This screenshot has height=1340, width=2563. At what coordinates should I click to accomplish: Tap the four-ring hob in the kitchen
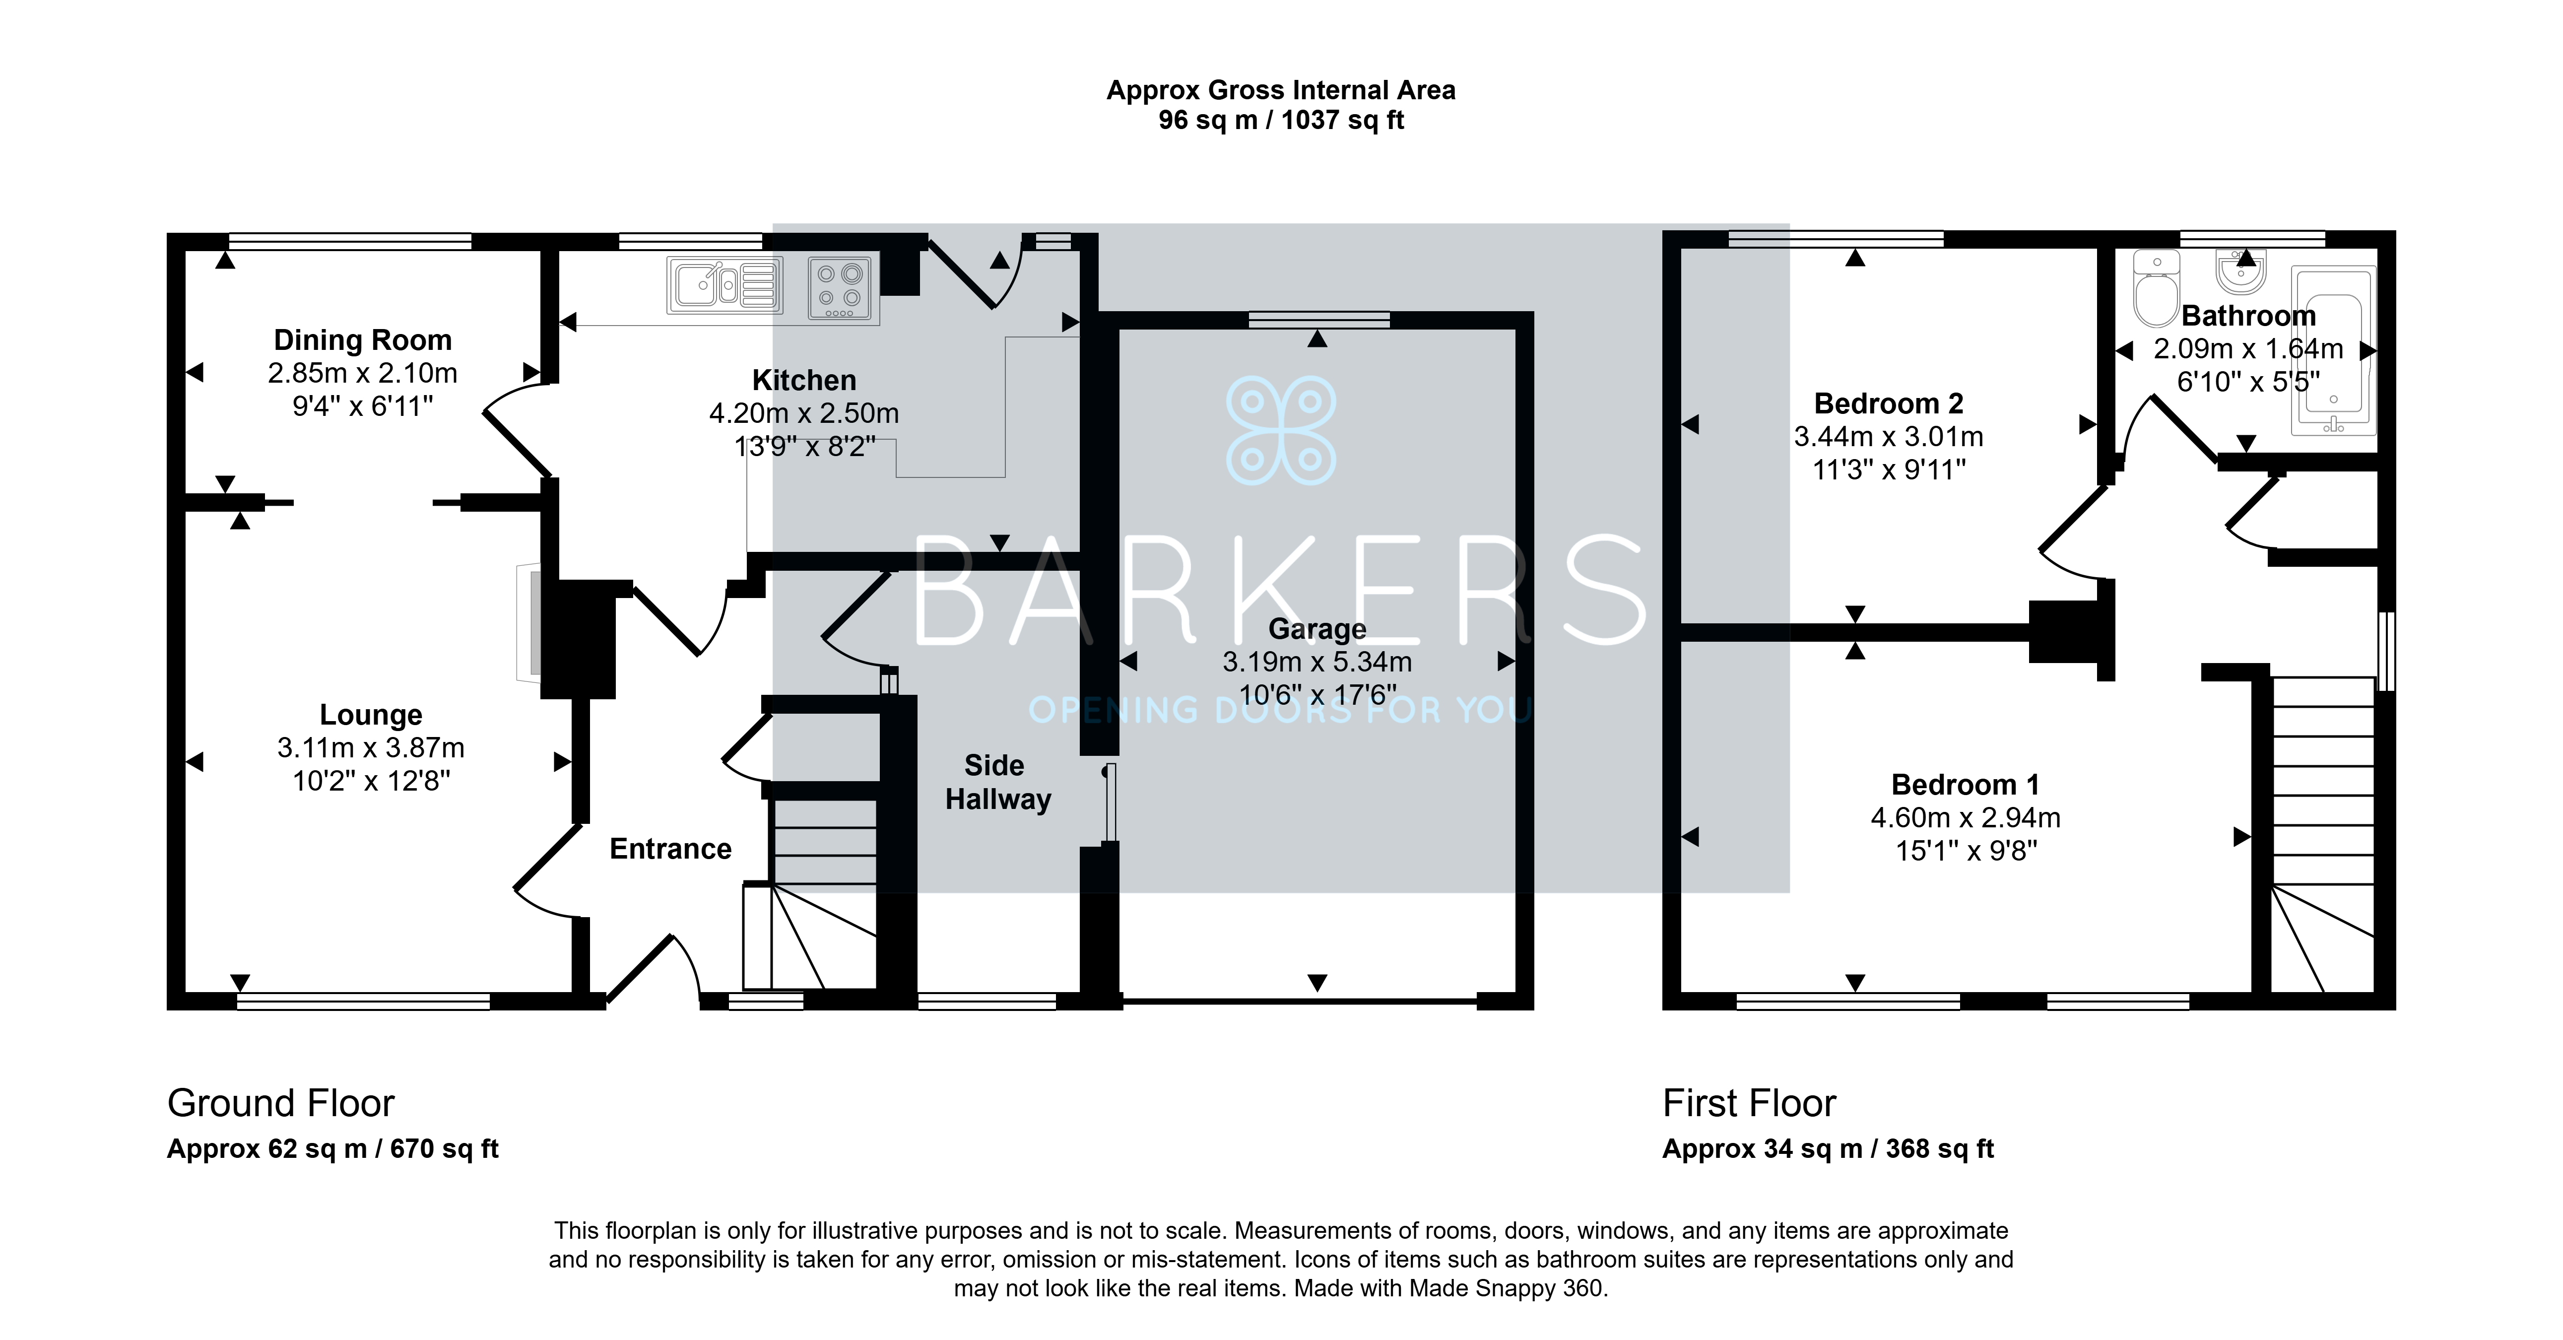(x=841, y=288)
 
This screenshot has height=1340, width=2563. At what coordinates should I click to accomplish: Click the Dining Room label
(x=363, y=340)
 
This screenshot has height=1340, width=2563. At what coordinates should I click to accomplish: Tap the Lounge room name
(x=371, y=715)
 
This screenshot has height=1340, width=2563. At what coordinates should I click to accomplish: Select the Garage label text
(x=1317, y=630)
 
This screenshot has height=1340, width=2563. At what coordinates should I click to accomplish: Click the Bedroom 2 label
(x=1889, y=404)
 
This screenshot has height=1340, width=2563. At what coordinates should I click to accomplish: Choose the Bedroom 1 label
(x=1965, y=785)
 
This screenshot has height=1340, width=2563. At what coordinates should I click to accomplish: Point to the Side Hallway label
(x=997, y=782)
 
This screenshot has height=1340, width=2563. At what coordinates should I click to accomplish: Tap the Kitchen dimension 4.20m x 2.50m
(x=804, y=413)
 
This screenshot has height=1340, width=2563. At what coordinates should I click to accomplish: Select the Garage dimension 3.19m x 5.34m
(x=1317, y=662)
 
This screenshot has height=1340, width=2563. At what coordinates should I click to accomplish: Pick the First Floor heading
(x=1749, y=1103)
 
